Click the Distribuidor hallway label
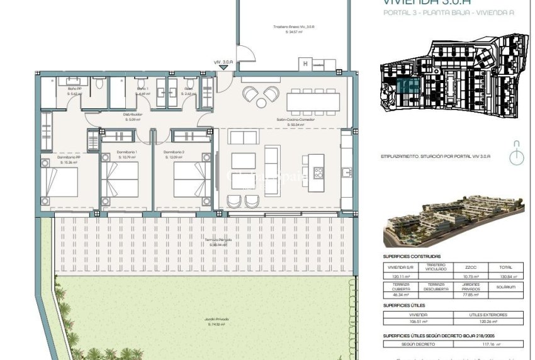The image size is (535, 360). click(x=133, y=115)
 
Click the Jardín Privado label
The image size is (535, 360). click(x=217, y=319)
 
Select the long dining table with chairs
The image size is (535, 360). click(x=313, y=101)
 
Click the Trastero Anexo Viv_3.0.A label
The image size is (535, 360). click(x=294, y=27)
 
